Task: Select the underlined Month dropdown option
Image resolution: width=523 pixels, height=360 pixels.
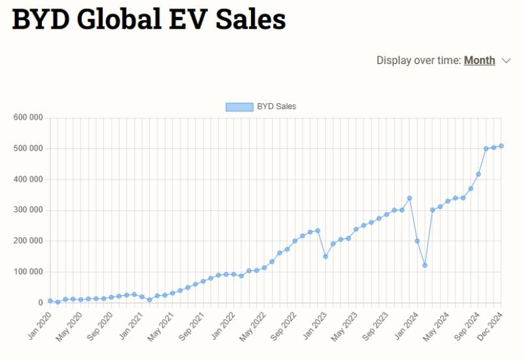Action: pyautogui.click(x=479, y=60)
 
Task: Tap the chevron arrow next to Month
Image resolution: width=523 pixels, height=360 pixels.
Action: pyautogui.click(x=506, y=61)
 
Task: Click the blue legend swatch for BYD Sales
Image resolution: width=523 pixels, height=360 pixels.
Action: pyautogui.click(x=239, y=106)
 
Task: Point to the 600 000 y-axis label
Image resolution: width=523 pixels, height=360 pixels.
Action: pyautogui.click(x=27, y=118)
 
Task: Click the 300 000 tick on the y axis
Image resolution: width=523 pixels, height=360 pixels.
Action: pyautogui.click(x=27, y=210)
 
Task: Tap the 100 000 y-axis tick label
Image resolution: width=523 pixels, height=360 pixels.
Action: pyautogui.click(x=27, y=272)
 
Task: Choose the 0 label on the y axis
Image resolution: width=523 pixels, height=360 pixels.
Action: pyautogui.click(x=40, y=303)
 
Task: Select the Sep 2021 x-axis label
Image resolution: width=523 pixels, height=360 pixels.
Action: pyautogui.click(x=192, y=321)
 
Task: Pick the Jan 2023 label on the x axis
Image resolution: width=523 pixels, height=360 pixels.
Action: pyautogui.click(x=315, y=319)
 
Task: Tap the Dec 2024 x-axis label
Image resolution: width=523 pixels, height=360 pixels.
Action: pyautogui.click(x=491, y=319)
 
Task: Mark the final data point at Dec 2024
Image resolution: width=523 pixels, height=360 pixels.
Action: pyautogui.click(x=501, y=146)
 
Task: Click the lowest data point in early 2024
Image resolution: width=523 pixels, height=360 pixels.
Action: pyautogui.click(x=425, y=265)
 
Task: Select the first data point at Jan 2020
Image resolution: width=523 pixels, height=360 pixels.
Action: pyautogui.click(x=50, y=301)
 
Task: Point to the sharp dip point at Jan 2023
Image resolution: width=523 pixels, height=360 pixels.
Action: pyautogui.click(x=325, y=256)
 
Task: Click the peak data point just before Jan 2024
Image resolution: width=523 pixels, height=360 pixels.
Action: pyautogui.click(x=409, y=198)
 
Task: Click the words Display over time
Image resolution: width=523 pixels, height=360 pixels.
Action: pyautogui.click(x=418, y=60)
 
